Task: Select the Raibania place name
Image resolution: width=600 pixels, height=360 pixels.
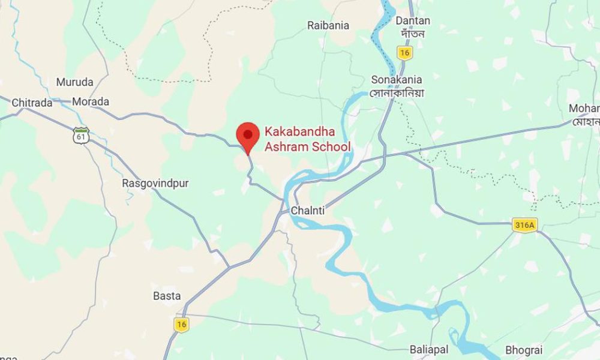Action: pyautogui.click(x=328, y=25)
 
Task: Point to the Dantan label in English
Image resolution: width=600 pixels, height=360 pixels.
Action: pyautogui.click(x=413, y=21)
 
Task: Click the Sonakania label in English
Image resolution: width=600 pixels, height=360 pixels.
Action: pyautogui.click(x=397, y=80)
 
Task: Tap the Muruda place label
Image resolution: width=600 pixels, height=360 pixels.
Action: pyautogui.click(x=74, y=82)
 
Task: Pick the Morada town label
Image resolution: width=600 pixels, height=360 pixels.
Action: pyautogui.click(x=91, y=101)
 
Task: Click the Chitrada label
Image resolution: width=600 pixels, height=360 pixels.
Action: pyautogui.click(x=32, y=103)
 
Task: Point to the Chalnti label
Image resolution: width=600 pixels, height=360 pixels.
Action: pyautogui.click(x=307, y=211)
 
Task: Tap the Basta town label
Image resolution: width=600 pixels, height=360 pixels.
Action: pyautogui.click(x=167, y=296)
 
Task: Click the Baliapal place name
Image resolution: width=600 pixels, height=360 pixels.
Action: pyautogui.click(x=430, y=349)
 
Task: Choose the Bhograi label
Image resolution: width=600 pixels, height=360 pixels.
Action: pyautogui.click(x=524, y=349)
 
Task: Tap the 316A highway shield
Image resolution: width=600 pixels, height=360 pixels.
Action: pyautogui.click(x=524, y=225)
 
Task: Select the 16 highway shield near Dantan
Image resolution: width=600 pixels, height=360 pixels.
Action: pyautogui.click(x=405, y=53)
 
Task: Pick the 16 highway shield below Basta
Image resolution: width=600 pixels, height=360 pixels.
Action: pyautogui.click(x=181, y=324)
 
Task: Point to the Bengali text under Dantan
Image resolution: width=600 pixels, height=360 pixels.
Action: pyautogui.click(x=413, y=34)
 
